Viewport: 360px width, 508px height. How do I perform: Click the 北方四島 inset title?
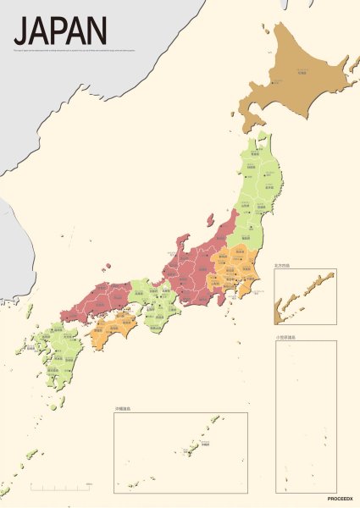coord(282,266)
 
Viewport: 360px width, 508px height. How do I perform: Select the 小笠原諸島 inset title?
coord(285,338)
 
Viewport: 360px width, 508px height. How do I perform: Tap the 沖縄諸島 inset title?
coord(123,410)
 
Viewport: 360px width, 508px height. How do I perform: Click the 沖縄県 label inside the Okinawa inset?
coord(204,444)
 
